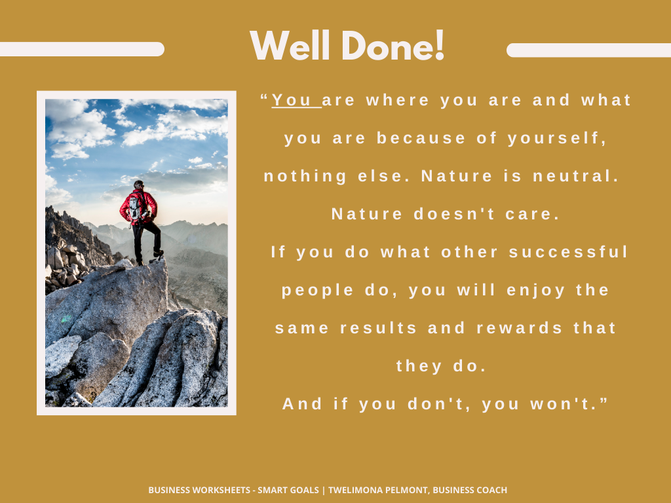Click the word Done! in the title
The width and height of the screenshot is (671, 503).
pos(393,46)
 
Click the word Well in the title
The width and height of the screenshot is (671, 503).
pos(290,46)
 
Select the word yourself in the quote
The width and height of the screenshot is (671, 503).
pos(557,138)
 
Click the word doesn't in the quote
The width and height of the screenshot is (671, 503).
pos(454,214)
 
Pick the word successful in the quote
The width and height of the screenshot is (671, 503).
pos(568,251)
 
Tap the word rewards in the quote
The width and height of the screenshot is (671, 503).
pos(520,328)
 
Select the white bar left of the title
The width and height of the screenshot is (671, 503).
pos(81,49)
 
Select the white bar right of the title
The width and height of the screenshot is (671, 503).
pos(589,50)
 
